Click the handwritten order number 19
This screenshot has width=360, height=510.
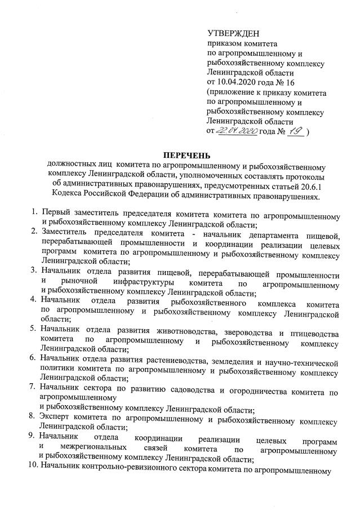pos(294,131)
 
